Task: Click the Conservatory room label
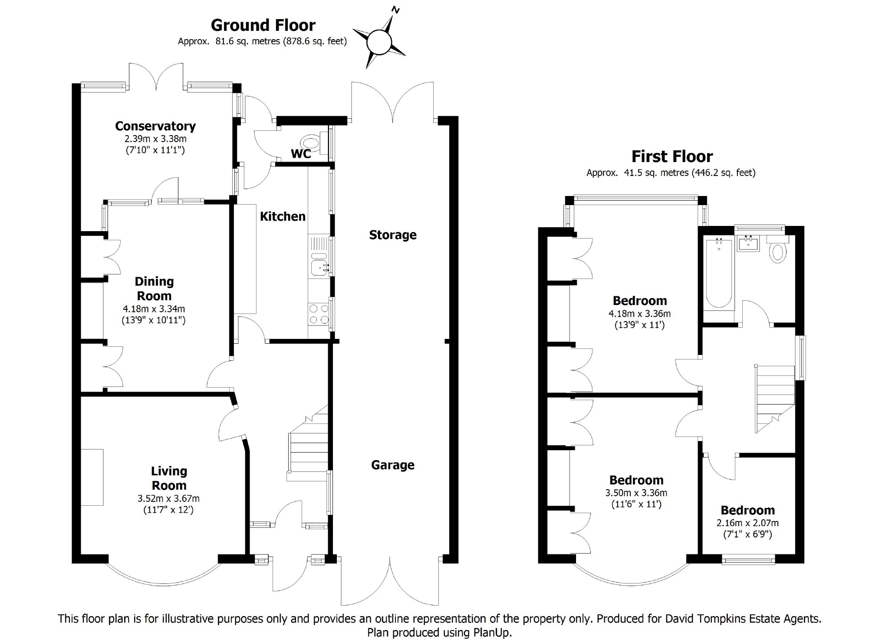[155, 126]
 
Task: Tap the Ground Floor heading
[263, 25]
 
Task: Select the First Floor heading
[672, 156]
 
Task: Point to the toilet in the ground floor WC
[314, 143]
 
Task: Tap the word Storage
[393, 235]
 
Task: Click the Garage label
[393, 465]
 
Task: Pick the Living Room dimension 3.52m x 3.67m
[168, 499]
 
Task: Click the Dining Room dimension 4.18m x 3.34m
[154, 309]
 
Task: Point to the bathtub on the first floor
[719, 273]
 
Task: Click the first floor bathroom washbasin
[748, 244]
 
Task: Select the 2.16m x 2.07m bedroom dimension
[747, 523]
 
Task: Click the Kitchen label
[283, 216]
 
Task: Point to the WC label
[301, 154]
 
